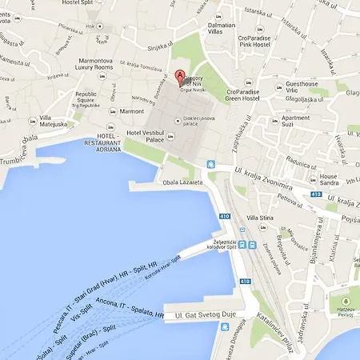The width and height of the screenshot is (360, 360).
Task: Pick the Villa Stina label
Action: click(x=262, y=218)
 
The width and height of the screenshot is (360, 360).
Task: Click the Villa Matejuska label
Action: click(x=54, y=120)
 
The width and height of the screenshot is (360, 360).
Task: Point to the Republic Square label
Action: click(x=86, y=99)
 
